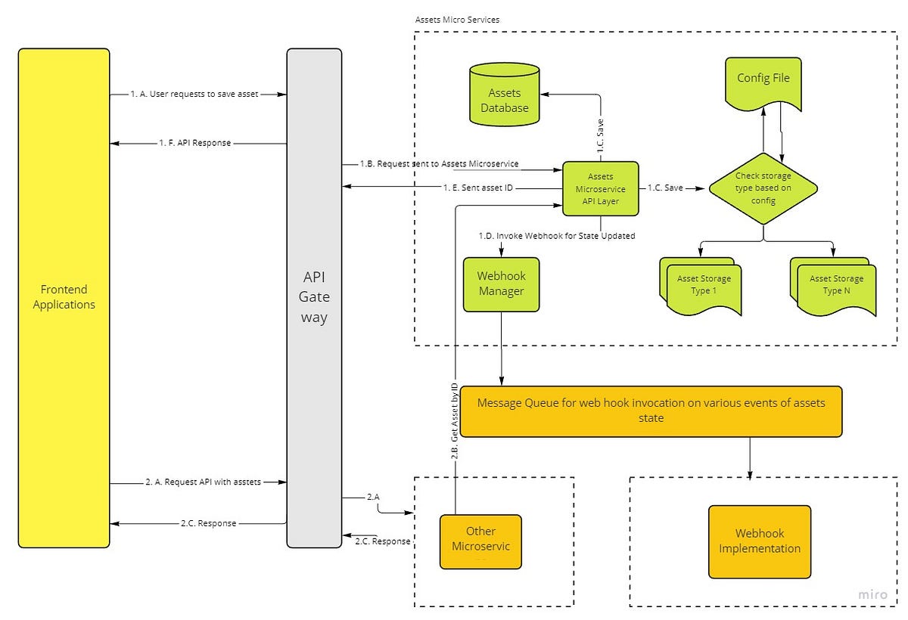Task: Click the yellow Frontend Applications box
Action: coord(64,297)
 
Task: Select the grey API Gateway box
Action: coord(314,297)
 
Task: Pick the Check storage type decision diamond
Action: coord(763,188)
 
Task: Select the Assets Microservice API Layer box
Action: coord(601,189)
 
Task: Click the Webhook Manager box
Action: coord(501,284)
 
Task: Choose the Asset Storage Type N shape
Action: coord(835,286)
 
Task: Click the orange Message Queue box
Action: coord(651,411)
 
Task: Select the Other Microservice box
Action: coord(481,541)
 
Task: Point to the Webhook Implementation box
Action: coord(759,541)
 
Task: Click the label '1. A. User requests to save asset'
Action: coord(194,95)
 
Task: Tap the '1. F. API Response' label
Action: coord(194,142)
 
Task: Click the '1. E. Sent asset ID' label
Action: coord(476,187)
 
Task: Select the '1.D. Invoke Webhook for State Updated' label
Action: coord(556,236)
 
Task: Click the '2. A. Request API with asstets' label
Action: coord(203,482)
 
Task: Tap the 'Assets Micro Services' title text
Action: coord(457,20)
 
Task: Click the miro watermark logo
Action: coord(872,595)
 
